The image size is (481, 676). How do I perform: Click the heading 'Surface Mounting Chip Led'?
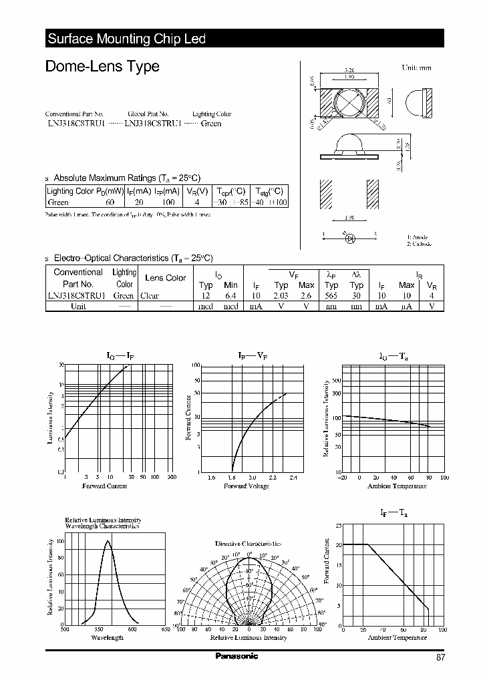pyautogui.click(x=126, y=39)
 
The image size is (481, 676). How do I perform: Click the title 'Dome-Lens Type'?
pyautogui.click(x=102, y=66)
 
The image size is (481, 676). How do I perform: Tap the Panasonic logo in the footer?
pyautogui.click(x=236, y=656)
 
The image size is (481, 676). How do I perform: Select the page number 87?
pyautogui.click(x=440, y=657)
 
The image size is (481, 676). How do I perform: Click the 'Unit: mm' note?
pyautogui.click(x=417, y=68)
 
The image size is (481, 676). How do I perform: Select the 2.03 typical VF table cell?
pyautogui.click(x=281, y=295)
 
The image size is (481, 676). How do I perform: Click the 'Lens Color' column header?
pyautogui.click(x=165, y=278)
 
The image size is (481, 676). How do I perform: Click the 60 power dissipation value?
pyautogui.click(x=110, y=202)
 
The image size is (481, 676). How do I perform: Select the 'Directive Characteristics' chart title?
pyautogui.click(x=248, y=544)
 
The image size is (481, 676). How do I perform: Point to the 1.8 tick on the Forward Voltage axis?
pyautogui.click(x=232, y=478)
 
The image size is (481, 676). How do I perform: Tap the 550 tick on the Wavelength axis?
pyautogui.click(x=99, y=629)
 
